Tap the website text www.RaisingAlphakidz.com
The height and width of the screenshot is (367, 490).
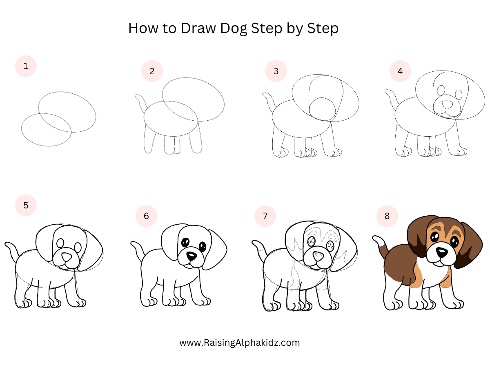click(240, 343)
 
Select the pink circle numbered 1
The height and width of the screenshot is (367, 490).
click(26, 66)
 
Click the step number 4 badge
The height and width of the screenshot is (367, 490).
click(400, 71)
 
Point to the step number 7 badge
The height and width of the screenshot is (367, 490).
click(265, 216)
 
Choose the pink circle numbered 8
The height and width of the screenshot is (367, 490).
click(387, 216)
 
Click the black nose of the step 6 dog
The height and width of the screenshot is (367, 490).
click(191, 256)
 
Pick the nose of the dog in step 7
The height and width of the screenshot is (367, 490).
click(317, 256)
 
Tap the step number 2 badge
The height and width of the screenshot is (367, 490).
click(152, 71)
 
